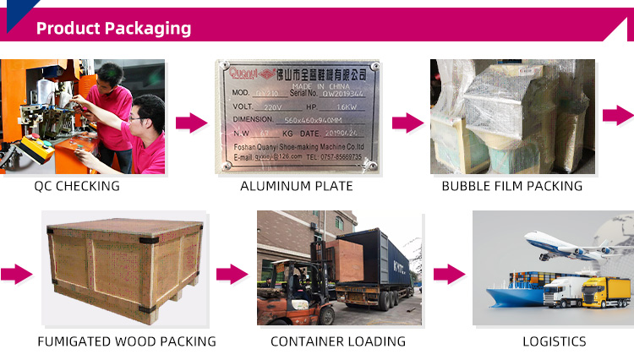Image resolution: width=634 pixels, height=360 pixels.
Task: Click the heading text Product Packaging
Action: [113, 28]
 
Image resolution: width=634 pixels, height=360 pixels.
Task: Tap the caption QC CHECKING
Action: [77, 186]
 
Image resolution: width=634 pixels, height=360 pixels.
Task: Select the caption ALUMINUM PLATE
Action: [296, 186]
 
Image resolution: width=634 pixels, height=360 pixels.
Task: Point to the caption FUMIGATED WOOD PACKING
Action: [127, 341]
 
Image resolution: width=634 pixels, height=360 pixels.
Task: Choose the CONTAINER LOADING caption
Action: [338, 341]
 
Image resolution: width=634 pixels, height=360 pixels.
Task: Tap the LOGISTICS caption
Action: [555, 341]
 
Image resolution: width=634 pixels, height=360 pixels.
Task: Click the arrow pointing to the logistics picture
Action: [449, 274]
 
